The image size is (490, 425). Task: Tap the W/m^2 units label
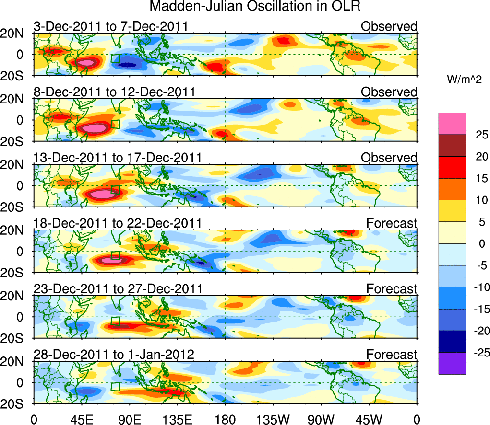coord(464,80)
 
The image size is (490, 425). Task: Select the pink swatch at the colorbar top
coord(452,123)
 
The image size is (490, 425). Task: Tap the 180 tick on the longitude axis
coord(226,417)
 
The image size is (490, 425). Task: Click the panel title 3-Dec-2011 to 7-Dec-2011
coord(110,26)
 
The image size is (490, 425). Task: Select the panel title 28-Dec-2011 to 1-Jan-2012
coord(114,355)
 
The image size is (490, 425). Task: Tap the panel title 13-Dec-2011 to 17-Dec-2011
coord(118,158)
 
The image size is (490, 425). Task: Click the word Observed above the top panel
coord(389,26)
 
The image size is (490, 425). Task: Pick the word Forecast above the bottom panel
coord(392,355)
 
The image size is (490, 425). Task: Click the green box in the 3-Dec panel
coord(115,58)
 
